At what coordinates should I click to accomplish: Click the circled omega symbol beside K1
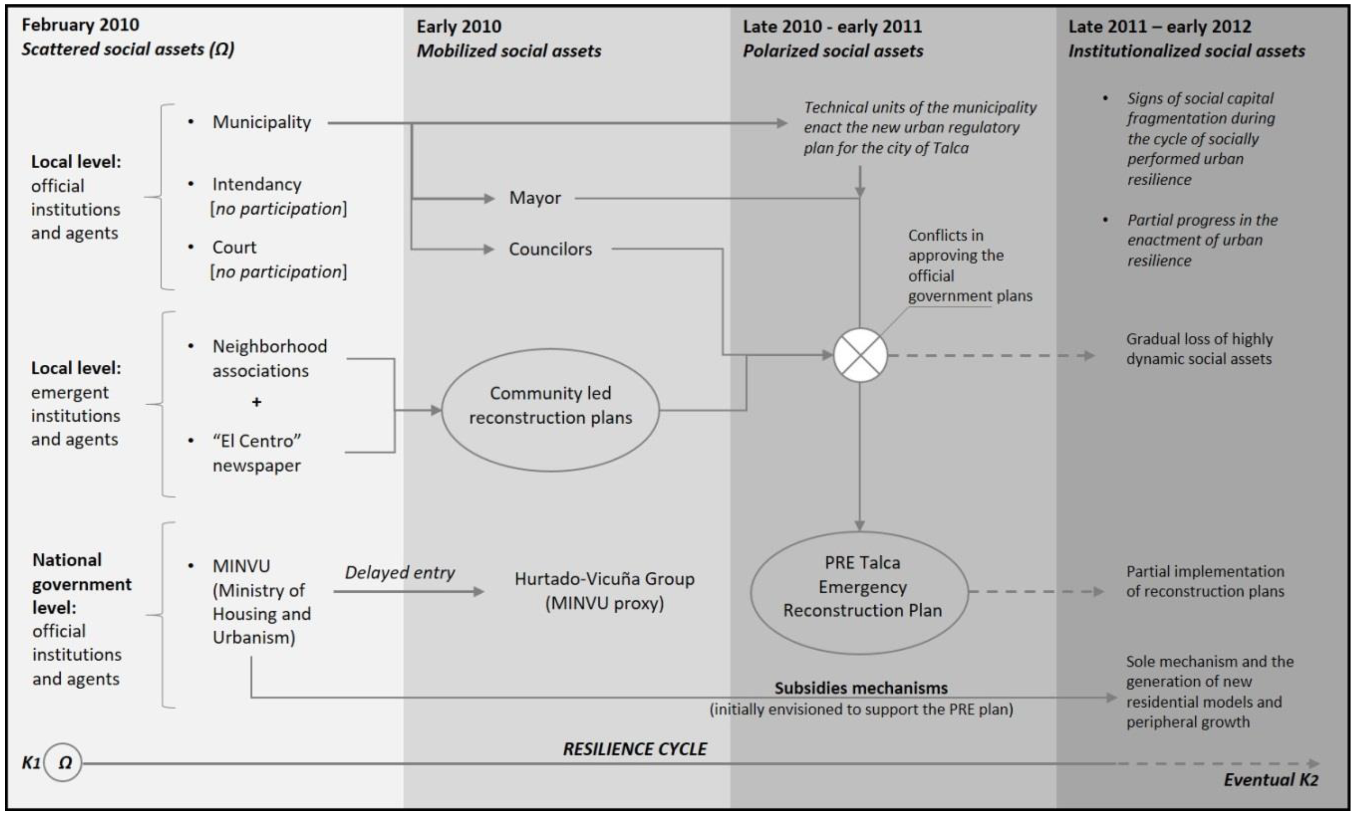63,763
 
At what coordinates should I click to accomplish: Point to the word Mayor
535,198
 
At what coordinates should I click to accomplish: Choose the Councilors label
550,249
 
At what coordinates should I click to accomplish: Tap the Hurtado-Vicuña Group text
604,579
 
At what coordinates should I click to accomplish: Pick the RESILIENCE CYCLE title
635,749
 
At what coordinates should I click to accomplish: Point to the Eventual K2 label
1270,780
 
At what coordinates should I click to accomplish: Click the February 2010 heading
80,25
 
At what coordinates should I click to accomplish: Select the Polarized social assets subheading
832,51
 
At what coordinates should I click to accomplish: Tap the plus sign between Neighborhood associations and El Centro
256,402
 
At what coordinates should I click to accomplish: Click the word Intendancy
257,184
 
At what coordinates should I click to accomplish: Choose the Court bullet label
234,248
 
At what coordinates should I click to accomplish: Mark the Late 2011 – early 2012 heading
1159,26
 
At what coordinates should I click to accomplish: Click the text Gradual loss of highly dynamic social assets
1199,349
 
